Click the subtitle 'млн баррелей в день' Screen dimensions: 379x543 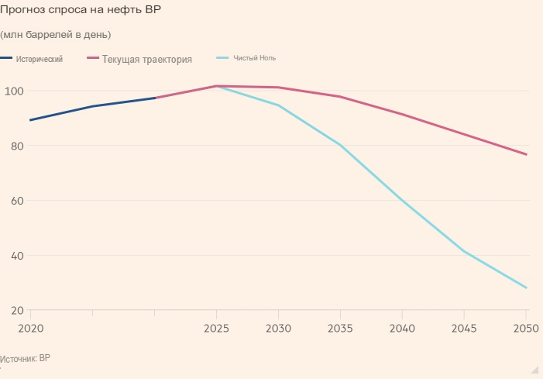point(56,35)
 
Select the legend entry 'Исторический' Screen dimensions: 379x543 point(39,59)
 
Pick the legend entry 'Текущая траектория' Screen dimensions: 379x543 point(146,59)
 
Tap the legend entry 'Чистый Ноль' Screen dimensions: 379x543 point(255,58)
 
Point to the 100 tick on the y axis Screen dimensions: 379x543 point(15,91)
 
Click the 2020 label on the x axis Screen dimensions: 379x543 point(30,328)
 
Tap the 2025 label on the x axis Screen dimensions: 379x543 point(216,328)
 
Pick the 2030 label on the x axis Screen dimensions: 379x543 point(278,328)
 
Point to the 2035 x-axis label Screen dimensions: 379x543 point(340,328)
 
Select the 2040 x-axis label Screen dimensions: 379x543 point(402,328)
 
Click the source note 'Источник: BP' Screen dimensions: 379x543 point(25,359)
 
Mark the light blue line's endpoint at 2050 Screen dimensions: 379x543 point(526,288)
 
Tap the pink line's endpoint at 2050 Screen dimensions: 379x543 point(526,154)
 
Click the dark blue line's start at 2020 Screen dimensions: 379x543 point(30,120)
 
